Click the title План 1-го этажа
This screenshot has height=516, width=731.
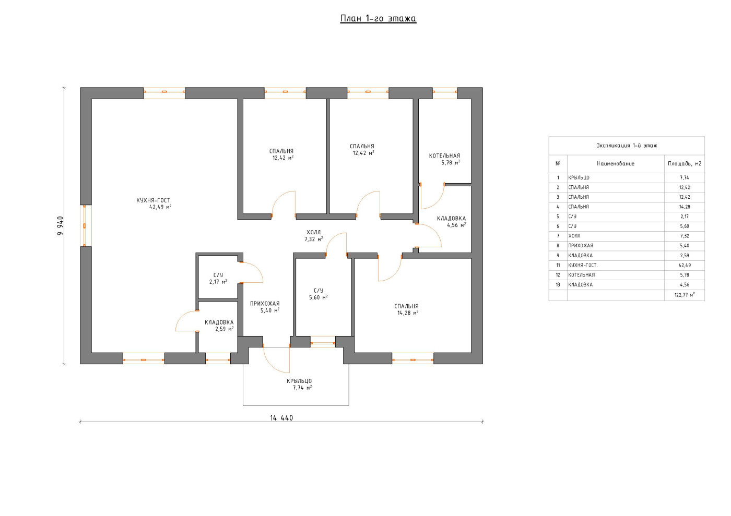(378, 19)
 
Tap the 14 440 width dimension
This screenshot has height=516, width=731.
(281, 418)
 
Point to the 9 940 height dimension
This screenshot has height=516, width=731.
(61, 226)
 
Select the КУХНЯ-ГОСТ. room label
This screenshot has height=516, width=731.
(154, 200)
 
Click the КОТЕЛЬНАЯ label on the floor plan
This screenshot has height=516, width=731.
(444, 156)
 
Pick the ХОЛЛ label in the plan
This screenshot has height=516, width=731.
(314, 232)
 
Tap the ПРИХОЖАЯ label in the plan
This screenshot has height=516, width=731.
(265, 304)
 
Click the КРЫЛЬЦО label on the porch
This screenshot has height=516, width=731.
(299, 381)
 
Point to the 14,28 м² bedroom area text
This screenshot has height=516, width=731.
(408, 313)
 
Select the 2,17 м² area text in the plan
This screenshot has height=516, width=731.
(218, 282)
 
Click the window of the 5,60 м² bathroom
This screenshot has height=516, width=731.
(323, 343)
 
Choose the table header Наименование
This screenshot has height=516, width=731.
(616, 164)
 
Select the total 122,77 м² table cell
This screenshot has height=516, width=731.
(685, 295)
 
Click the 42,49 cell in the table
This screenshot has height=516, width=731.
(685, 266)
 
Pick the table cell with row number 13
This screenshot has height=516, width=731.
(558, 285)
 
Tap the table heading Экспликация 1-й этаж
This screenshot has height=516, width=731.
(627, 146)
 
